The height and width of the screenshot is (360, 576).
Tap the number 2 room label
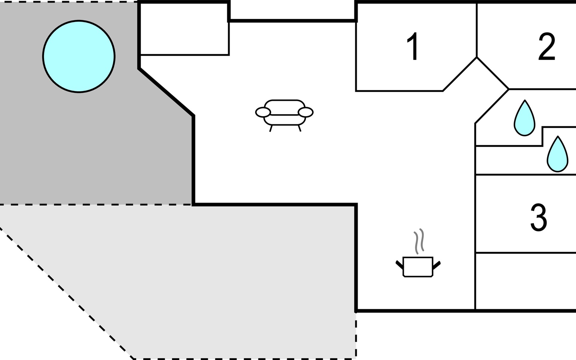click(x=547, y=46)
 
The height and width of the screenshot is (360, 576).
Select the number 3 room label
click(x=539, y=217)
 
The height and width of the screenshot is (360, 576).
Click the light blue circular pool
click(x=79, y=56)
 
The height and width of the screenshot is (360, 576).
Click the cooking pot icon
click(x=418, y=266)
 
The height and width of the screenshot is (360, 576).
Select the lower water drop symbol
click(x=557, y=154)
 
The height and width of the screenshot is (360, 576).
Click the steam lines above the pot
click(x=419, y=241)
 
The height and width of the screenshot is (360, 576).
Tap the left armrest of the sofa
click(x=263, y=112)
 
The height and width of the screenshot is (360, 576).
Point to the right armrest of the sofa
click(x=306, y=112)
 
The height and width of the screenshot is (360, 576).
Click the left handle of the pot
click(x=400, y=265)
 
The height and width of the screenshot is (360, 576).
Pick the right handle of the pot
click(x=437, y=265)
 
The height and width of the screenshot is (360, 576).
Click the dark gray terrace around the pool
click(x=90, y=144)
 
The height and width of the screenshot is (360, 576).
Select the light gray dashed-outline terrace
click(x=210, y=270)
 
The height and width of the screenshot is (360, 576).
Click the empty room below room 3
click(x=526, y=281)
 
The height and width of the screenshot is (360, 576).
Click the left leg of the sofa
click(x=271, y=128)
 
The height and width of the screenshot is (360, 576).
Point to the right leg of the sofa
click(x=299, y=128)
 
